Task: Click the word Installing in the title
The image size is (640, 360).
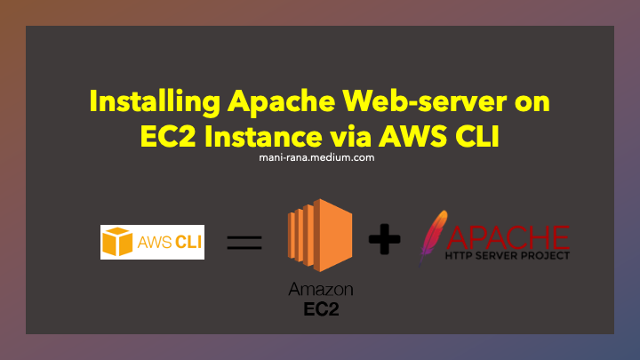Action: [155, 101]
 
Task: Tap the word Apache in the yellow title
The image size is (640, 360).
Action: [281, 101]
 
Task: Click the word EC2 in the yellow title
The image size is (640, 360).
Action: [168, 136]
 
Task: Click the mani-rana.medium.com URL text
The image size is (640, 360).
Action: [316, 157]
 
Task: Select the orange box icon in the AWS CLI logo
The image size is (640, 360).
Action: [117, 242]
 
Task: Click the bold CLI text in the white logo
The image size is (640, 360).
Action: [188, 242]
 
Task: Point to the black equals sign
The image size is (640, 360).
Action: [244, 243]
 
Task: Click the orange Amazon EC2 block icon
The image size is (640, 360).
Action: [320, 235]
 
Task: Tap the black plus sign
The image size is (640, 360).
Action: [385, 239]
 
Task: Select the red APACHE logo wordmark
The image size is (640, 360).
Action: [508, 237]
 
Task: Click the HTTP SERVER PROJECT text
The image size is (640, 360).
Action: [508, 256]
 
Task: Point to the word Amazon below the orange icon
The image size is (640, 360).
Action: [321, 290]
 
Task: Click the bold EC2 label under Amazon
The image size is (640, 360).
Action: [321, 309]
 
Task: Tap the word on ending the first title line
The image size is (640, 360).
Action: [532, 102]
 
